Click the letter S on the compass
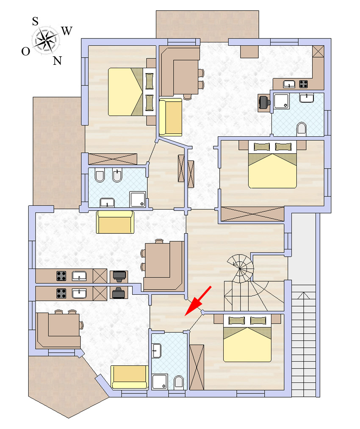pyautogui.click(x=35, y=21)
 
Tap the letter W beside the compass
pyautogui.click(x=67, y=31)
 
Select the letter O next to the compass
pyautogui.click(x=26, y=51)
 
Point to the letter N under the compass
pyautogui.click(x=57, y=61)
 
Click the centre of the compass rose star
pyautogui.click(x=46, y=41)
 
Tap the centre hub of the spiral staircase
pyautogui.click(x=240, y=268)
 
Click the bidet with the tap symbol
pyautogui.click(x=117, y=175)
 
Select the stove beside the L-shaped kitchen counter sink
pyautogui.click(x=303, y=84)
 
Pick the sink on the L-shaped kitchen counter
pyautogui.click(x=289, y=84)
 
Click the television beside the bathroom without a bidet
pyautogui.click(x=264, y=102)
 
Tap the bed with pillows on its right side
pyautogui.click(x=132, y=92)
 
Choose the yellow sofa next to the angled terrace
pyautogui.click(x=130, y=377)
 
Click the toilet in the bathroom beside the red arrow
pyautogui.click(x=179, y=382)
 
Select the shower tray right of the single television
pyautogui.click(x=282, y=101)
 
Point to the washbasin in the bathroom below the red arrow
pyautogui.click(x=156, y=351)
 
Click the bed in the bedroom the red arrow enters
pyautogui.click(x=247, y=338)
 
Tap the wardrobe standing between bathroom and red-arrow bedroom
pyautogui.click(x=197, y=367)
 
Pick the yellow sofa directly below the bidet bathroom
pyautogui.click(x=115, y=222)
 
